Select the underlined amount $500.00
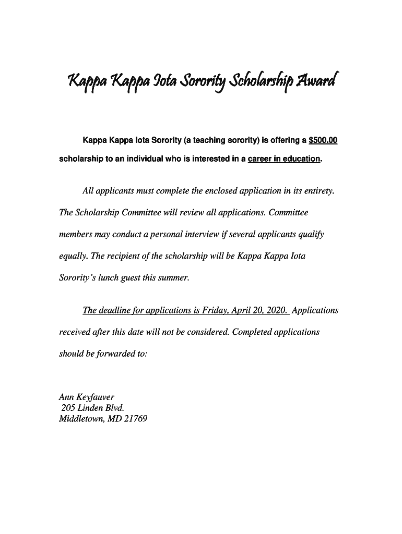[x=323, y=140]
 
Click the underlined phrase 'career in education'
[x=284, y=159]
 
